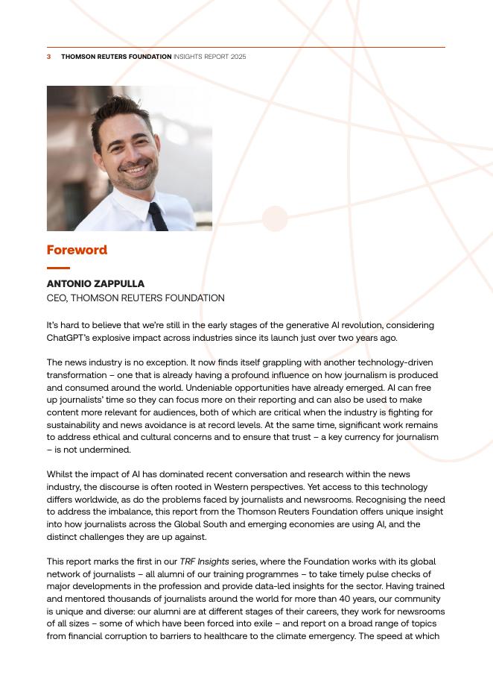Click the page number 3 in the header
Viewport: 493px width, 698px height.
click(x=49, y=57)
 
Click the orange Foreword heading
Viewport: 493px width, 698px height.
click(x=77, y=250)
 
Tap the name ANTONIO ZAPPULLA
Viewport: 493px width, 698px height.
click(x=95, y=284)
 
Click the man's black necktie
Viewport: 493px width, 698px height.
click(x=156, y=216)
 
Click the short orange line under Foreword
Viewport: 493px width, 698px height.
click(x=58, y=268)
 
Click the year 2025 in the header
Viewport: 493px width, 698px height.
click(x=238, y=57)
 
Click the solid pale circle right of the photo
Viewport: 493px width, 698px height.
click(x=275, y=218)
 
